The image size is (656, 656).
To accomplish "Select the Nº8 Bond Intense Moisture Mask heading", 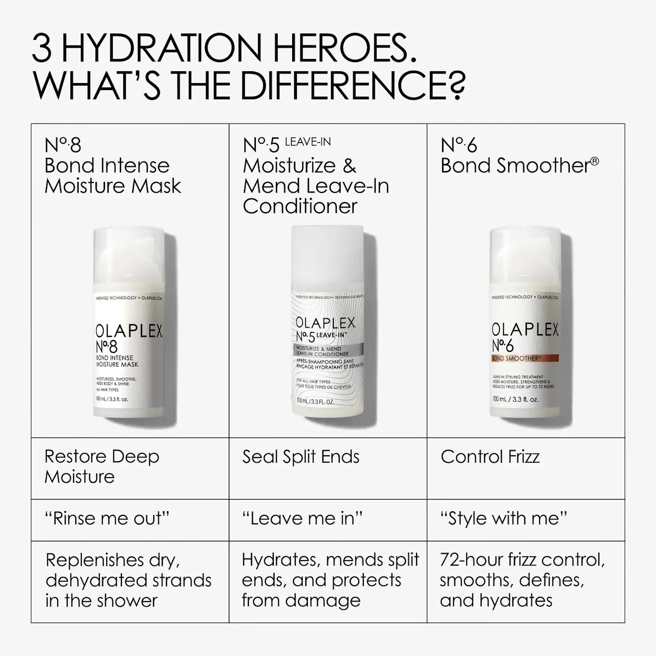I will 112,166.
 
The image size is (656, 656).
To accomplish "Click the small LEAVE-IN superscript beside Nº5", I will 308,142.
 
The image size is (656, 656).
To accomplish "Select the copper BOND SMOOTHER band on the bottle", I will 525,358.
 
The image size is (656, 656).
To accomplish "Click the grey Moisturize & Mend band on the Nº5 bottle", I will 327,351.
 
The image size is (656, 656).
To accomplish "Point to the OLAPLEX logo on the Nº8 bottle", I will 129,331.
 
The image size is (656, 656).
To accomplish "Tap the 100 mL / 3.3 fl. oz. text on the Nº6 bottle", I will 515,399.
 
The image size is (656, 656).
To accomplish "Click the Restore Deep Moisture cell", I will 101,467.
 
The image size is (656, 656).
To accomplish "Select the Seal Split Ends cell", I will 301,457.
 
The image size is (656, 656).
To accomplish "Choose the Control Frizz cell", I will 490,457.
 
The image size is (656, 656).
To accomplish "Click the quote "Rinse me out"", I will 107,519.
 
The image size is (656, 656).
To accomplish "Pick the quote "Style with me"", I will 503,519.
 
